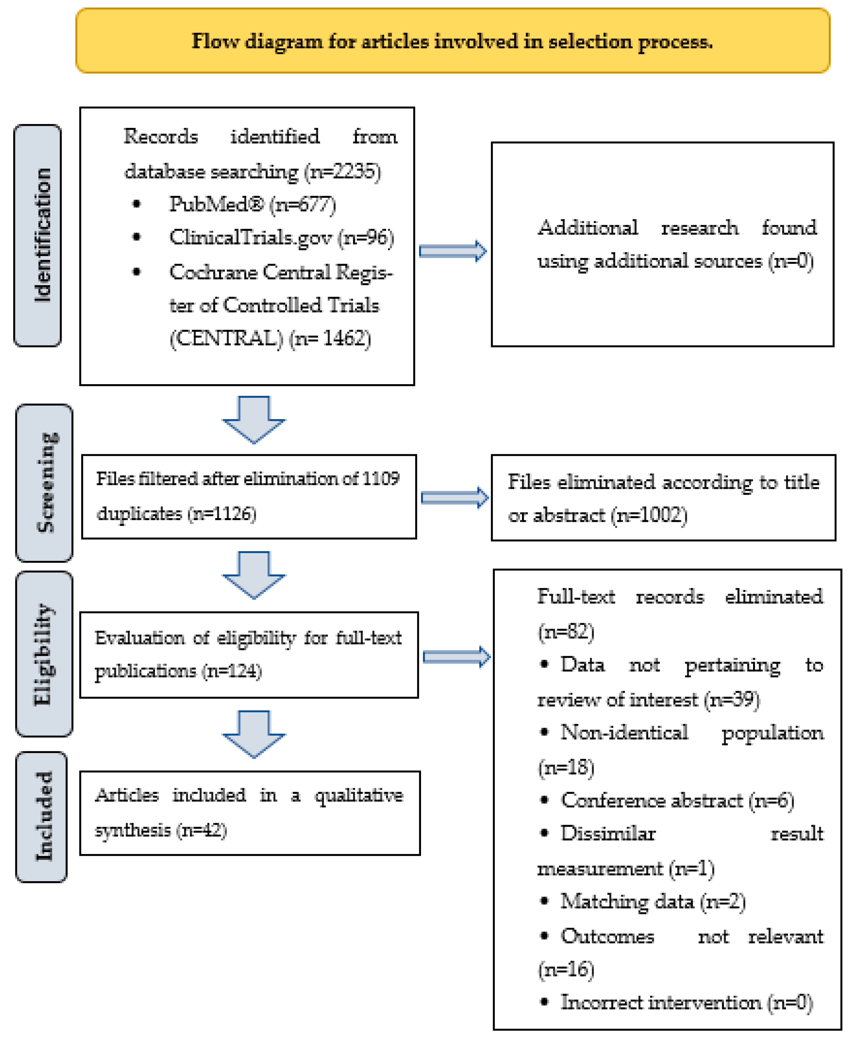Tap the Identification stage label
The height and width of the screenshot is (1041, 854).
tap(38, 235)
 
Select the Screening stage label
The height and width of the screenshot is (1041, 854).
tap(44, 483)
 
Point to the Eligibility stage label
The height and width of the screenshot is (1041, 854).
tap(44, 654)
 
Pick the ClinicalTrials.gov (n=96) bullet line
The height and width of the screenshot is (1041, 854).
tap(281, 238)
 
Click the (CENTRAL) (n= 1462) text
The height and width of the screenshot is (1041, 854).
tap(270, 339)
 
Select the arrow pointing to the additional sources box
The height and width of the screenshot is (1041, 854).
tap(453, 252)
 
